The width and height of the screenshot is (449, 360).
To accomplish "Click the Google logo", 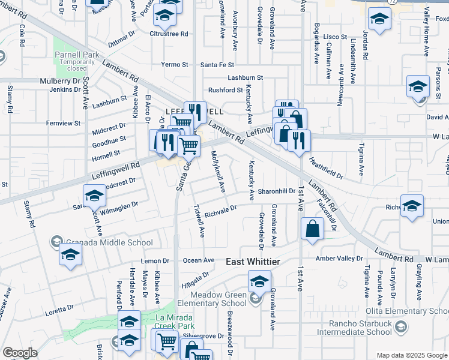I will click(x=19, y=353).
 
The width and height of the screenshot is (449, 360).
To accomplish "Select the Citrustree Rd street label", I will click(x=169, y=34).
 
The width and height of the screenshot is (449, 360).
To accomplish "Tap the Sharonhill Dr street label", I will click(x=277, y=191).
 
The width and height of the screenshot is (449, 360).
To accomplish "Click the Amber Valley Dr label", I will click(x=340, y=258).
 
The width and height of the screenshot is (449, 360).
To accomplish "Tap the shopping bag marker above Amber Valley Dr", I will click(x=313, y=229).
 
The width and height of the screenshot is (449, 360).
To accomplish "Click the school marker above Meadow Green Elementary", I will click(x=259, y=281).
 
